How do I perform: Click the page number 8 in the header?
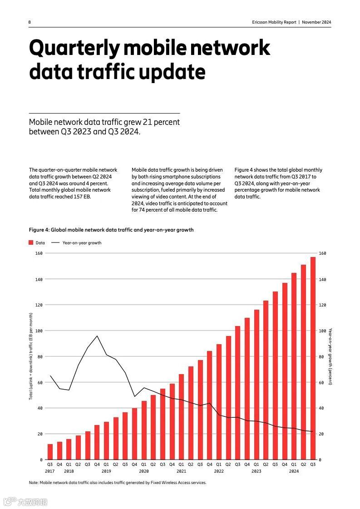(30, 22)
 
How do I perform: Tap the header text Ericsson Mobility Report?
(274, 22)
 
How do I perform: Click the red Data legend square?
(31, 242)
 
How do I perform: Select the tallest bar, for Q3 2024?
(313, 358)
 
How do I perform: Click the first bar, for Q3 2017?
(50, 452)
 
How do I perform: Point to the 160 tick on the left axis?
(39, 253)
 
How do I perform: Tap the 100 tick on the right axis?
(323, 331)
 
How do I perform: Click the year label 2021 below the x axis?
(181, 471)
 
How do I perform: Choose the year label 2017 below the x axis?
(49, 471)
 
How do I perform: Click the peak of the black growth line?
(97, 336)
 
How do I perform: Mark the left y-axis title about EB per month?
(31, 356)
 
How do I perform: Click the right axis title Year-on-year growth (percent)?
(330, 356)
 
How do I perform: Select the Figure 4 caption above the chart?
(111, 230)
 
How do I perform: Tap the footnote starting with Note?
(118, 483)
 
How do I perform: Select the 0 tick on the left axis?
(41, 460)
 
